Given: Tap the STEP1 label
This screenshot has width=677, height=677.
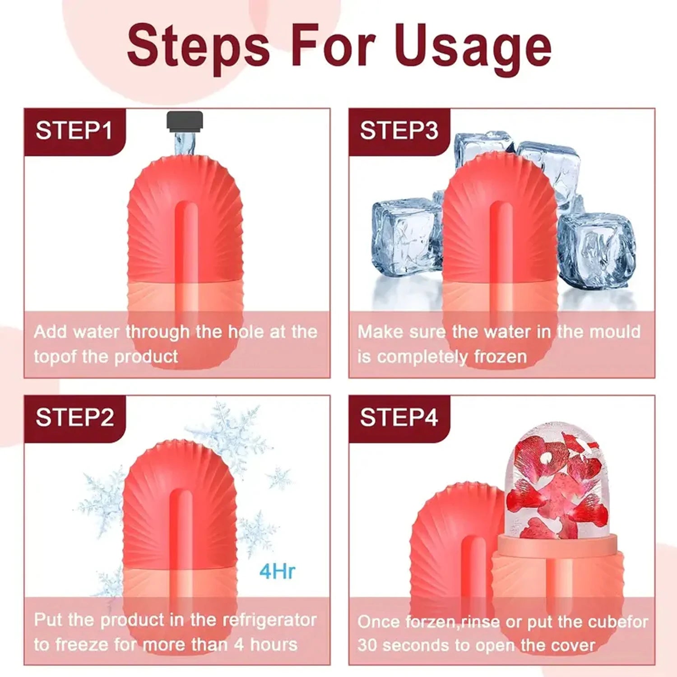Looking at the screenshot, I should pos(74,131).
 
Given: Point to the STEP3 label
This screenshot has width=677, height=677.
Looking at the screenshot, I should pos(399,131).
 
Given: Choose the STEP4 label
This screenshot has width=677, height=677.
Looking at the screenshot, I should pos(399,417).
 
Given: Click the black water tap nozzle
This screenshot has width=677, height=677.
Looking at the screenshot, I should pos(185,121).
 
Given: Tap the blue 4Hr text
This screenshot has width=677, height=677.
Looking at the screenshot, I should pos(277,571).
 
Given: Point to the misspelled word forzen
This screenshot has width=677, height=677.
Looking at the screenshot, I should pos(430,622).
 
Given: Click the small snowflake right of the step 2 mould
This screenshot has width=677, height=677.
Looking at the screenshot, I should pos(279,478).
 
